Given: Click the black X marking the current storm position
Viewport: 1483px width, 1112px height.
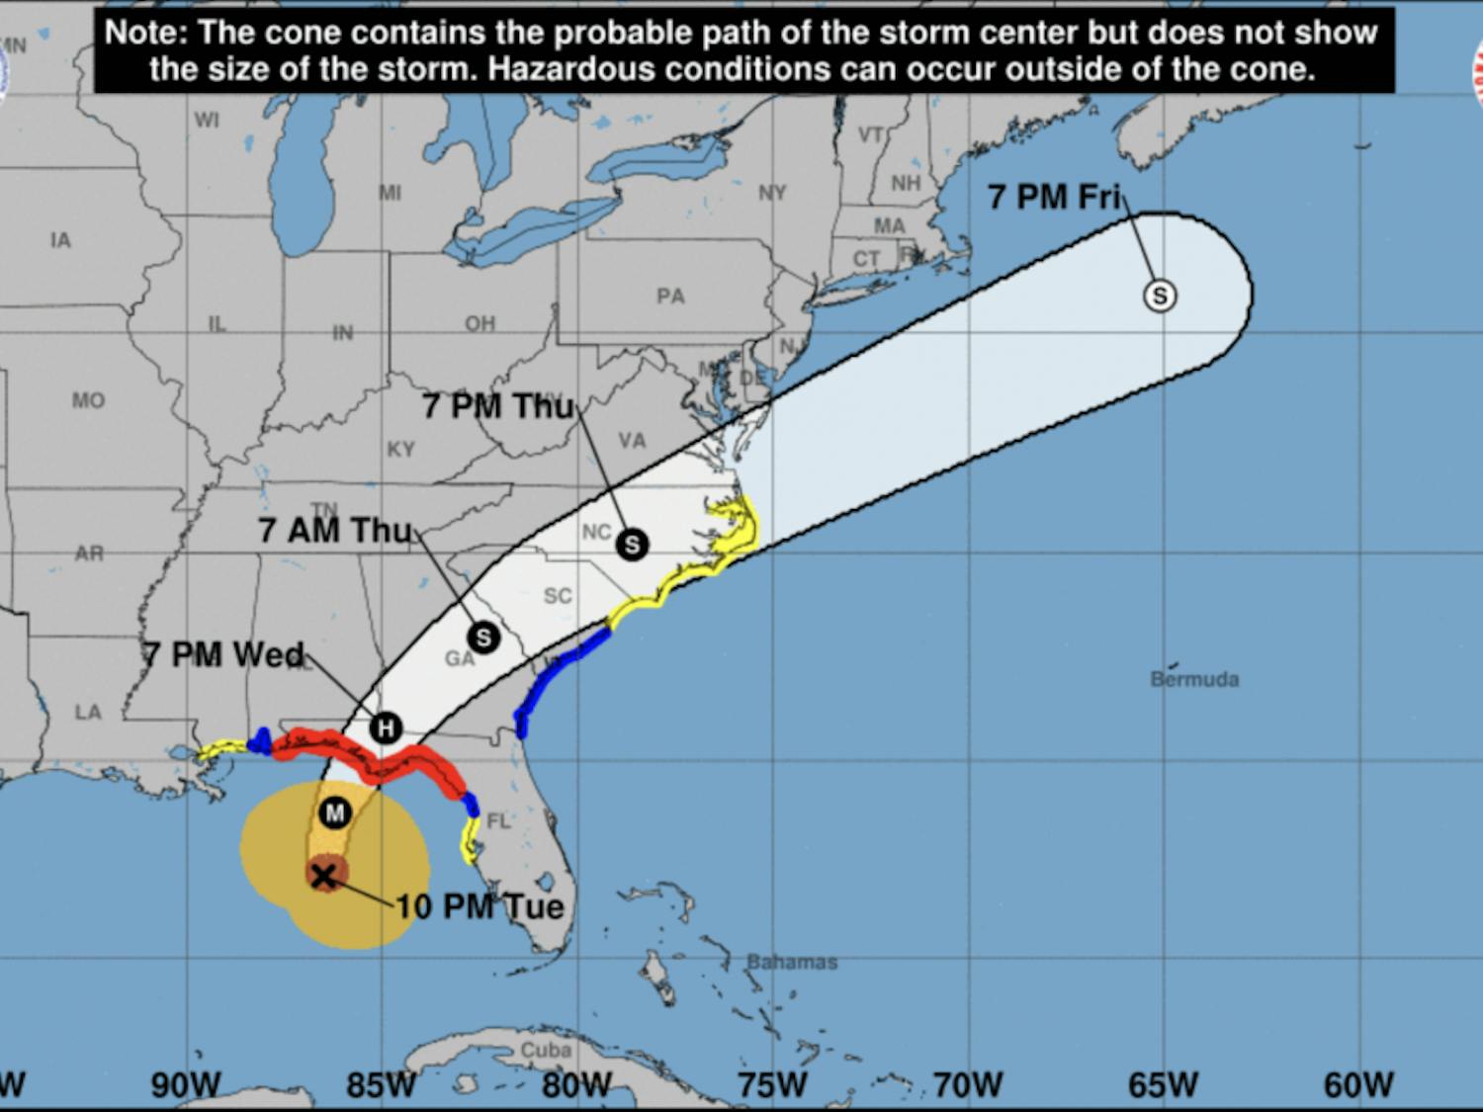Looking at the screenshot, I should coord(323,876).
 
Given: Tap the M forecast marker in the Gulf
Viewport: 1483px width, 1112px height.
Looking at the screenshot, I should coord(335,813).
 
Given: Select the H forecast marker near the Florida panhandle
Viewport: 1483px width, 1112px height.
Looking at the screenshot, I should coord(386,729).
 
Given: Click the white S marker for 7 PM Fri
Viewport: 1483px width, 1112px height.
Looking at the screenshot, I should coord(1160,296).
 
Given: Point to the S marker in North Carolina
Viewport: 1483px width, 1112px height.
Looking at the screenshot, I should coord(632,544).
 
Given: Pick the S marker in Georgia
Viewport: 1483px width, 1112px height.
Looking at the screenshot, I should coord(483,638).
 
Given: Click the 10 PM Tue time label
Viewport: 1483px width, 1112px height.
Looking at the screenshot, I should coord(480,906).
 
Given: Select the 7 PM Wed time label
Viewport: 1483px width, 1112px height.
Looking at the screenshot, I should coord(223,654).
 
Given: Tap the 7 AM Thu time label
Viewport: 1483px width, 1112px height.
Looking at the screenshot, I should coord(334,531).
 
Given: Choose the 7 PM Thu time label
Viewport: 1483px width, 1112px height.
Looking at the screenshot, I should coord(498,406).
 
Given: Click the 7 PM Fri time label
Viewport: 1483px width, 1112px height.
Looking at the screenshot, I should coord(1054,197).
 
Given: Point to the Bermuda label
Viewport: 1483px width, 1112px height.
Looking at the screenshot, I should coord(1194,680).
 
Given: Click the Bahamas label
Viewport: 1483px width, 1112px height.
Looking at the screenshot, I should coord(792,962).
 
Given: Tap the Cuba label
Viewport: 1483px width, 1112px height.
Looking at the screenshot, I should coord(546,1050).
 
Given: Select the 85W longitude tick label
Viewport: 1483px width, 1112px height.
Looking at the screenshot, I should coord(382,1085).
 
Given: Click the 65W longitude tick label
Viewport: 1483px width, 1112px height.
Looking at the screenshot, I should coord(1163,1085).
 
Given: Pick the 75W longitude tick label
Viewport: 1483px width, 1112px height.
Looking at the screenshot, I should coord(772,1085).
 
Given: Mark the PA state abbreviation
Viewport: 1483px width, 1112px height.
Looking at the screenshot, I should coord(670,297).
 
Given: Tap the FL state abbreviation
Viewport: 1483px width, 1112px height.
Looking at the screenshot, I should coord(498,821).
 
